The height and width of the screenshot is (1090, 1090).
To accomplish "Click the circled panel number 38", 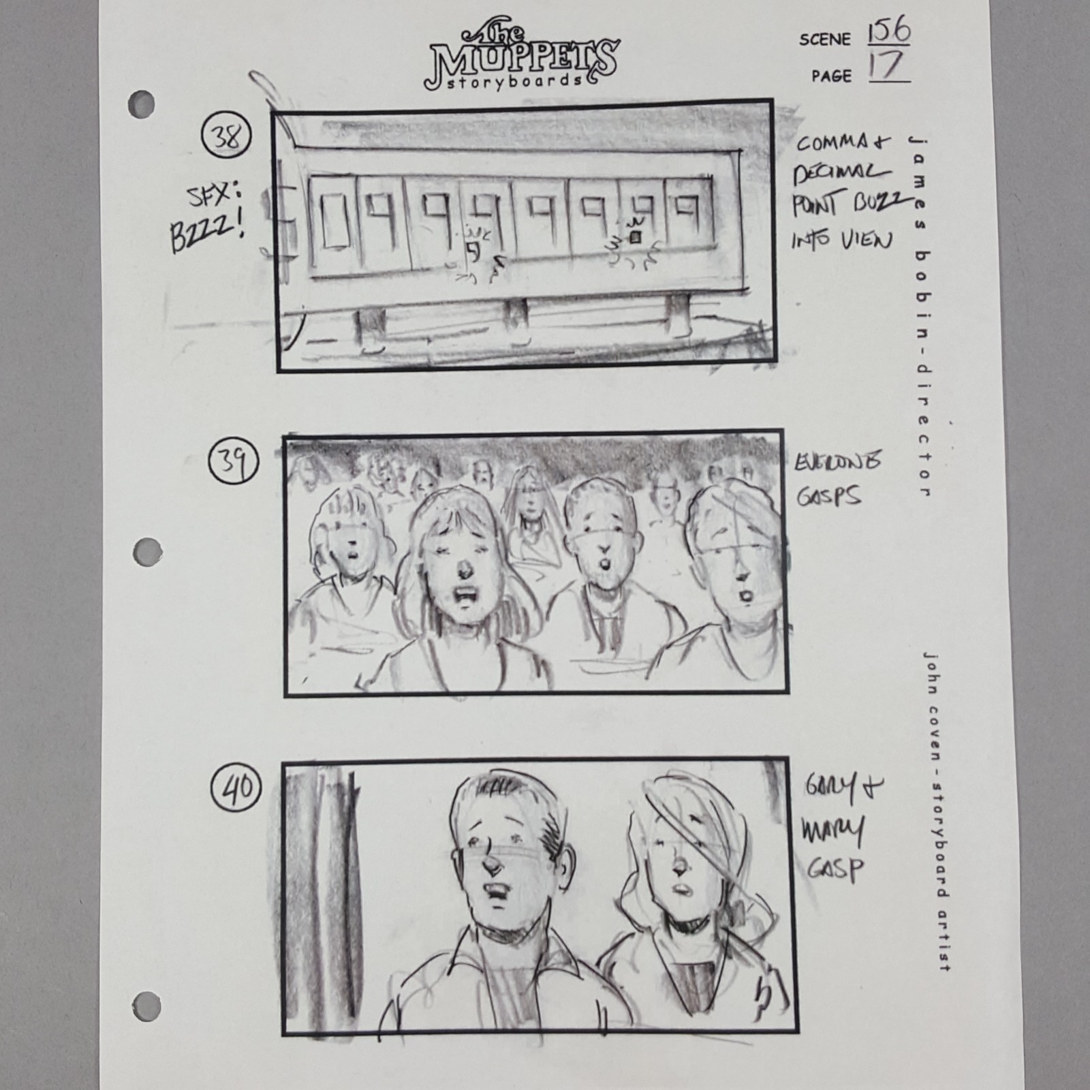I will (x=226, y=137).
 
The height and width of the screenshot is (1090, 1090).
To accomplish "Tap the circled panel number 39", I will (x=233, y=462).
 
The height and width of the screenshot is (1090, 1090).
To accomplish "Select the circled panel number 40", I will (x=236, y=788).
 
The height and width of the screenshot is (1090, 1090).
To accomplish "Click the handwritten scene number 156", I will (x=888, y=32).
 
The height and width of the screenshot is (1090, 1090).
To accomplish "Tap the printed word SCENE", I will (x=825, y=40).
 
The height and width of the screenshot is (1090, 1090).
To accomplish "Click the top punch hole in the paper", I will (x=141, y=104).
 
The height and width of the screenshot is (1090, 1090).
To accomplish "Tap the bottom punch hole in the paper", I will (x=146, y=1006).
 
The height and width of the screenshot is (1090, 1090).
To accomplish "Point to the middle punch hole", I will (x=147, y=551).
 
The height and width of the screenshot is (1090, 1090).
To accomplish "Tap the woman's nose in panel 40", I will (x=679, y=865).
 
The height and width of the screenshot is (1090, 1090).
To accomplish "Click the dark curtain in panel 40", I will (x=320, y=892).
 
